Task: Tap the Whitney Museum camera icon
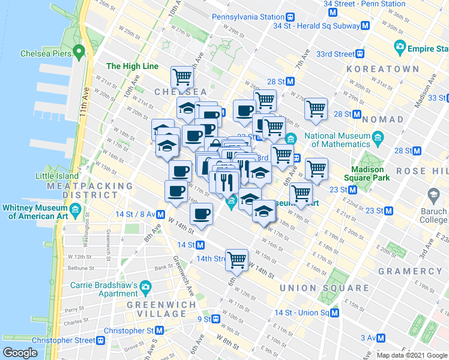click(x=76, y=211)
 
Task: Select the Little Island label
click(x=57, y=176)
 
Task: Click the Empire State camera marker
click(x=400, y=46)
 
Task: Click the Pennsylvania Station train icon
click(x=290, y=17)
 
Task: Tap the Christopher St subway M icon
click(x=160, y=331)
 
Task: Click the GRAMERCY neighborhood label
click(x=410, y=271)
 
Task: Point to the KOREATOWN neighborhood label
click(x=382, y=69)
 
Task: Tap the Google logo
click(x=20, y=353)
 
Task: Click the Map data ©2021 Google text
click(x=411, y=355)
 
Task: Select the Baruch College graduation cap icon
click(x=433, y=194)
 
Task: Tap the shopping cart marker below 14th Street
click(x=237, y=259)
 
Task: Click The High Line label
click(x=132, y=66)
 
